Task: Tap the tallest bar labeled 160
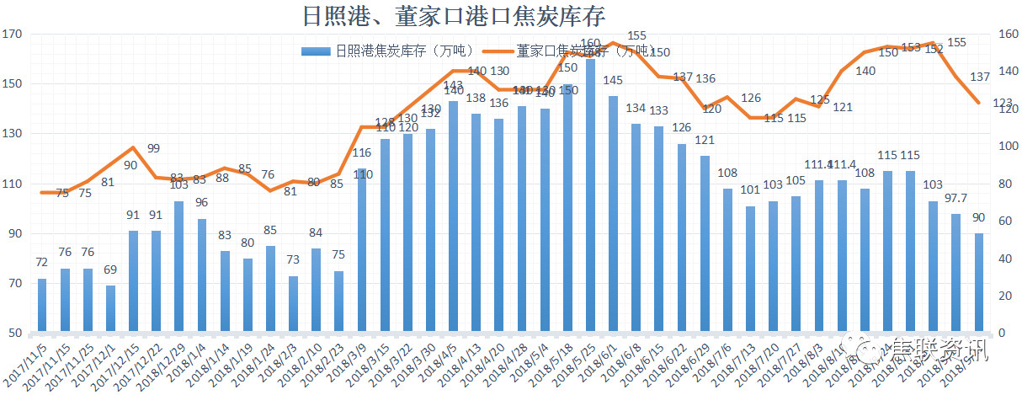pos(590,195)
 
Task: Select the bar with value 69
pos(110,308)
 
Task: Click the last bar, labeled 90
pos(979,282)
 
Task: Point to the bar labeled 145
pos(613,214)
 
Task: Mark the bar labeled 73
pos(293,304)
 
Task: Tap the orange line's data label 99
pos(153,149)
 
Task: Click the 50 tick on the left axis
pos(16,334)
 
